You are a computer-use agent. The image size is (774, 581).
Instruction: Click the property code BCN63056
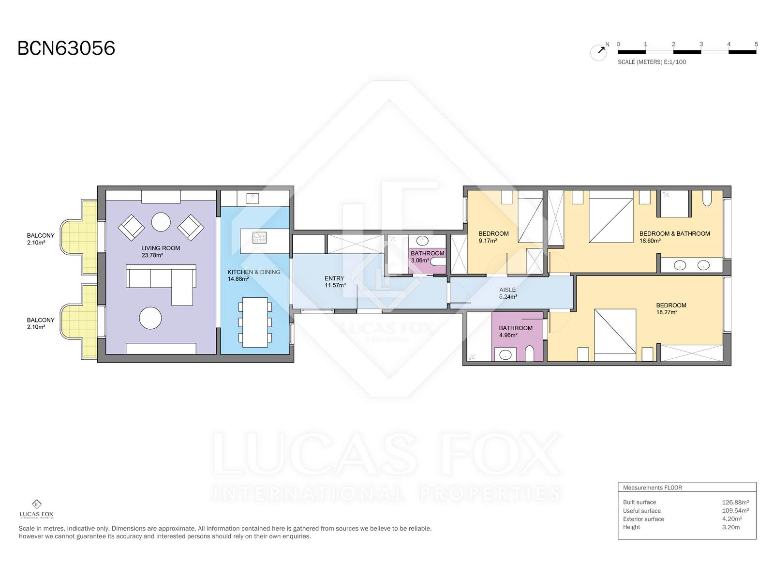(66, 48)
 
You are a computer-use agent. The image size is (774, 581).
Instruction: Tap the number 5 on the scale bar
(756, 44)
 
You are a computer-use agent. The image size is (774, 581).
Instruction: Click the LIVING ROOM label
(161, 248)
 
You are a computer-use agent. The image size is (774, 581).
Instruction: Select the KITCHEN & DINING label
(254, 272)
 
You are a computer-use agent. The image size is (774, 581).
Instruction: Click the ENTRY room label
(334, 278)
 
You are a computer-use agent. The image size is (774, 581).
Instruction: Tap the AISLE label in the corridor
(507, 290)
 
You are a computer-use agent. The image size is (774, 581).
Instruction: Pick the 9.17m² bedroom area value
(488, 241)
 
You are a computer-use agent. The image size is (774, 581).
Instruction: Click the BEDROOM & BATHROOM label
(674, 233)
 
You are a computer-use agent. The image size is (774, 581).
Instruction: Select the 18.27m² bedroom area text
(667, 312)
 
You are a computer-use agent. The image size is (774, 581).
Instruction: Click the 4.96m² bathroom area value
(508, 335)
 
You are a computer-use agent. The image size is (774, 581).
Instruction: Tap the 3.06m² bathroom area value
(419, 260)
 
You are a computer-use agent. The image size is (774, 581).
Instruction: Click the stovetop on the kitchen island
(259, 238)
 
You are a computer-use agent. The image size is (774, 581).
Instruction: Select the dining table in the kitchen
(255, 322)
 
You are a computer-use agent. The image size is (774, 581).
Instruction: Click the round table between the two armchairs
(161, 222)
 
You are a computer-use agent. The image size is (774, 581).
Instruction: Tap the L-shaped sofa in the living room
(161, 285)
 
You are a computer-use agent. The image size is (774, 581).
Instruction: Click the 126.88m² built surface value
(735, 503)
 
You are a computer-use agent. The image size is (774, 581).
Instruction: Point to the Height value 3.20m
(730, 527)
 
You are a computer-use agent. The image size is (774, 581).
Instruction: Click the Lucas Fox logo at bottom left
(36, 509)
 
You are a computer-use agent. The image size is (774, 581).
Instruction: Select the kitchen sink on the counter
(253, 198)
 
